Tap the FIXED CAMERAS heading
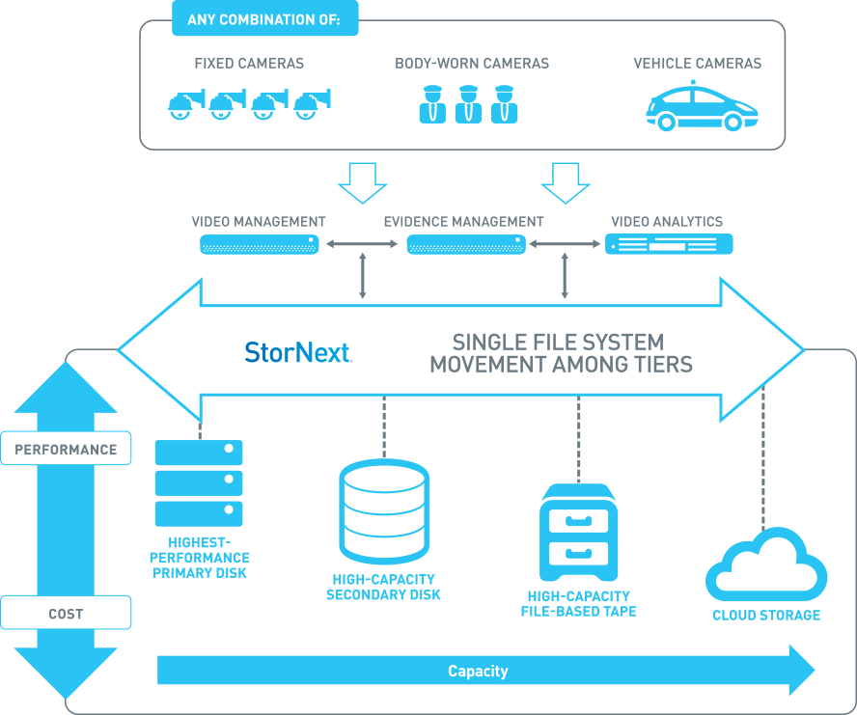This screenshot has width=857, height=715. pos(249,64)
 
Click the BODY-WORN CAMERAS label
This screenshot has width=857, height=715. pos(472,64)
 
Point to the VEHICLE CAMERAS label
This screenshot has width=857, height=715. pos(697,64)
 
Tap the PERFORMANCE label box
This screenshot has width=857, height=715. pos(66,450)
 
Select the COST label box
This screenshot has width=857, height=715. pos(66,614)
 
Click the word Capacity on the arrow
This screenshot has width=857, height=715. pos(478,672)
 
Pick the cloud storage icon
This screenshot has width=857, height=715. pos(765,566)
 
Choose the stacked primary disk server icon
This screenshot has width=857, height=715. pos(199,482)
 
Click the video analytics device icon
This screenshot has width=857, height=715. pos(669,244)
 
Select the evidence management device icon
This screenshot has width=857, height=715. pos(465,245)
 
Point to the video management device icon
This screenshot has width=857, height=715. pos(259,245)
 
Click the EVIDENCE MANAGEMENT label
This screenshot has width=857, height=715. pos(463,222)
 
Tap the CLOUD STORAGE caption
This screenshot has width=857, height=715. pos(766,616)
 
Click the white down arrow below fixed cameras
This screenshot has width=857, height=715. pos(362,181)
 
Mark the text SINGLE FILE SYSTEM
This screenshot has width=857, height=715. pos(559,343)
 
